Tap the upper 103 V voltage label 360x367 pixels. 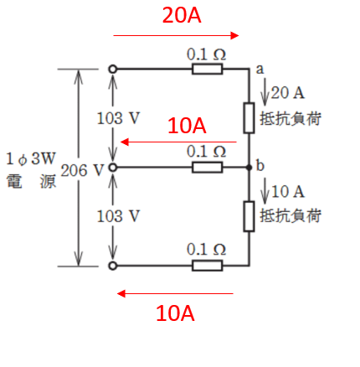119,118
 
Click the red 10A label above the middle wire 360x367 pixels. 186,126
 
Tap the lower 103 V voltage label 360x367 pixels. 119,215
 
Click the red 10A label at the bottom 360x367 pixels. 176,314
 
